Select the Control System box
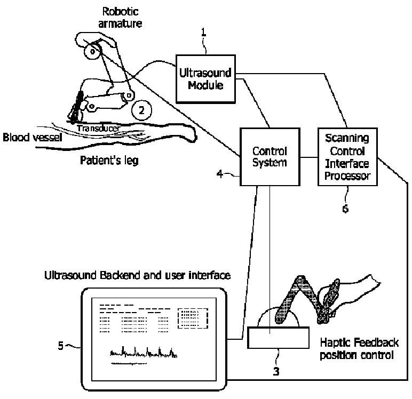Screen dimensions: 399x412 (x=268, y=157)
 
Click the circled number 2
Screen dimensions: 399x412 (x=141, y=110)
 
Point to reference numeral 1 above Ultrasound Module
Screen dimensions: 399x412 (x=203, y=33)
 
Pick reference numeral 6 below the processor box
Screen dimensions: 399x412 (x=345, y=209)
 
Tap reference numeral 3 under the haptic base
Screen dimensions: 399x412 (x=276, y=371)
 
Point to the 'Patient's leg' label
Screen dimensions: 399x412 (x=109, y=160)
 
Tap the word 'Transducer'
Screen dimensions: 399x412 (x=98, y=128)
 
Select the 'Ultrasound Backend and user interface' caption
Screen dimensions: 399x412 (x=138, y=276)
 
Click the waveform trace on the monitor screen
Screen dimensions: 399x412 (x=143, y=352)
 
